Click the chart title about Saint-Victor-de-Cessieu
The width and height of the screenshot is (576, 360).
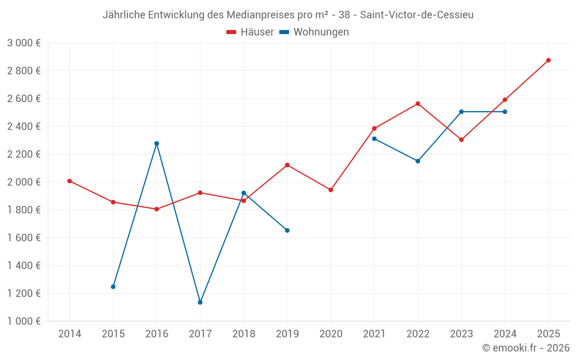(288, 15)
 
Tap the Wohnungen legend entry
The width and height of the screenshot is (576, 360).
(314, 32)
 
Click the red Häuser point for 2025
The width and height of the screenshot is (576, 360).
(548, 60)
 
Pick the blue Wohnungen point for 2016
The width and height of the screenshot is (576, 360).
(157, 143)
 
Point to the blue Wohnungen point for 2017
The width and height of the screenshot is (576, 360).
(200, 302)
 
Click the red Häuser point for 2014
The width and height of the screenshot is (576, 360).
(70, 181)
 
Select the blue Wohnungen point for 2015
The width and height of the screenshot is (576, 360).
(113, 287)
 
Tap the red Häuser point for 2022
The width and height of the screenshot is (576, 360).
(418, 104)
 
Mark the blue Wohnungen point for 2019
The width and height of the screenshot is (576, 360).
(287, 230)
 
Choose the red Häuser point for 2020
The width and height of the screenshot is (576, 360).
(331, 190)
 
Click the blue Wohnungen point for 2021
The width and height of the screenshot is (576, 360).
(374, 139)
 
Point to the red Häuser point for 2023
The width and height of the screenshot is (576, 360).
(461, 139)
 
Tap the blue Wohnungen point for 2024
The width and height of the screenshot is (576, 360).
(505, 112)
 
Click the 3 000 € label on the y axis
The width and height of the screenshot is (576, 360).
(24, 43)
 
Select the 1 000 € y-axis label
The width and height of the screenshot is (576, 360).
(24, 321)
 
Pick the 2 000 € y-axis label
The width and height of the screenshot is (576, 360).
(24, 182)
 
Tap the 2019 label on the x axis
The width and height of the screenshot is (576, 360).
(287, 334)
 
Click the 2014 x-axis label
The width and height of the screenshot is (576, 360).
(70, 334)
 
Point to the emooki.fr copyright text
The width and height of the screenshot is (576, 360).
(526, 348)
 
